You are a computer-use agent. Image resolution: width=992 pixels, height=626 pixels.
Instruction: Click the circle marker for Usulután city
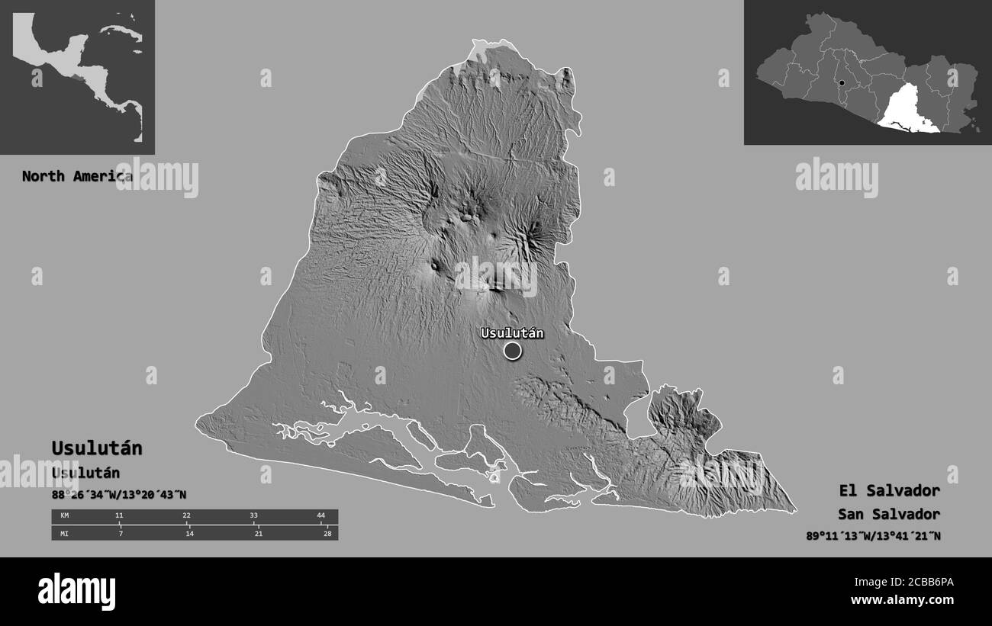(512, 351)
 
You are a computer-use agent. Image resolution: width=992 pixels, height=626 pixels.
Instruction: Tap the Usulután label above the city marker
(511, 332)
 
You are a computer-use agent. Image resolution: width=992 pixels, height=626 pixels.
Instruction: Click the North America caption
(76, 176)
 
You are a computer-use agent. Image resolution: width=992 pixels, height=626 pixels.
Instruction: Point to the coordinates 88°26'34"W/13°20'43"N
(118, 495)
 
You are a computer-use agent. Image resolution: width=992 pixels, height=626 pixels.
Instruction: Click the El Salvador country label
(889, 490)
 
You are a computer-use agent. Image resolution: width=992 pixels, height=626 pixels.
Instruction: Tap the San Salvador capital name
(888, 514)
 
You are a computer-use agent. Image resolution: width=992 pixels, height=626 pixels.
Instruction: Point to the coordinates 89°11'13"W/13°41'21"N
(873, 535)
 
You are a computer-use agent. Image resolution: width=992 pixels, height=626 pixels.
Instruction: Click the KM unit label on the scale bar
(64, 516)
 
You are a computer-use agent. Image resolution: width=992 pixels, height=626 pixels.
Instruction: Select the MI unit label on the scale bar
(64, 533)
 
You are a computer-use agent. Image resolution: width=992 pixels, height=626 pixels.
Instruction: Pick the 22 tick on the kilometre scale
(186, 516)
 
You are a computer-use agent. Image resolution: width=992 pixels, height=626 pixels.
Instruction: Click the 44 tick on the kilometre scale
(320, 516)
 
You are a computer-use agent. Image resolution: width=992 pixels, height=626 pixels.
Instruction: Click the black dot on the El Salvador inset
(840, 83)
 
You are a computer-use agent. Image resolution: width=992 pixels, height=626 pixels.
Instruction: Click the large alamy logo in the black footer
(76, 592)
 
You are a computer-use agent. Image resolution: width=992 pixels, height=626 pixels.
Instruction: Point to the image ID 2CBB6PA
(923, 583)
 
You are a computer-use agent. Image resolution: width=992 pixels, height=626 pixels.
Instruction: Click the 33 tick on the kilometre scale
(253, 516)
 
